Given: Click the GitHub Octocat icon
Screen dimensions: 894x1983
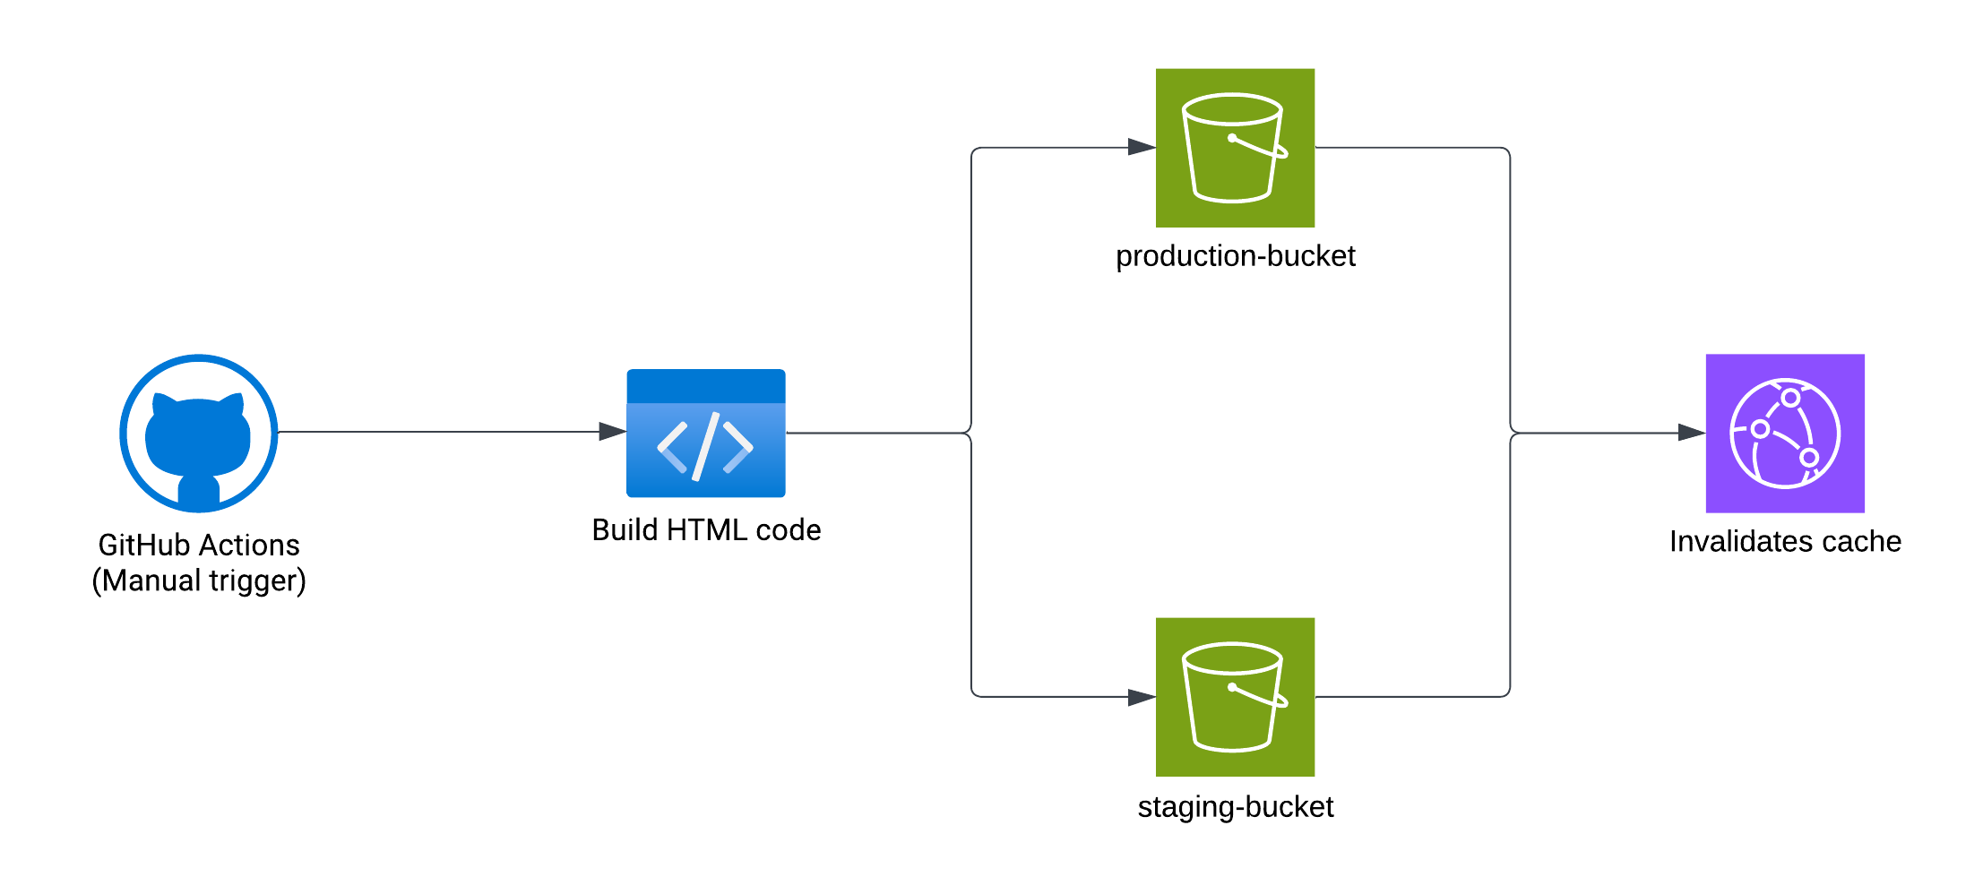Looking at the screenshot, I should click(198, 434).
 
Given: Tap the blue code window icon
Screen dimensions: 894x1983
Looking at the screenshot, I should click(705, 434).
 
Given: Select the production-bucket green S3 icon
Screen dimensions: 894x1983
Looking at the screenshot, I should click(1234, 148).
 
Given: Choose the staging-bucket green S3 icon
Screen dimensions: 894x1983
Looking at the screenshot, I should click(1234, 697).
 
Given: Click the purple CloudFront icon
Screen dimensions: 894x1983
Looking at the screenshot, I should click(1784, 434).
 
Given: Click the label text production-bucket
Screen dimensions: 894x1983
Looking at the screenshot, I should click(1234, 256).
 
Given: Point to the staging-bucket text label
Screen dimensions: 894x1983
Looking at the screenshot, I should click(1234, 807).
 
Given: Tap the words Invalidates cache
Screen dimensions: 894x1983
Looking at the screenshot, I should click(1784, 542).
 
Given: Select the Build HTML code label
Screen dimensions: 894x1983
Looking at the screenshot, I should click(705, 530).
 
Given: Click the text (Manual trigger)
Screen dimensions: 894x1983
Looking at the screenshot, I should click(198, 581).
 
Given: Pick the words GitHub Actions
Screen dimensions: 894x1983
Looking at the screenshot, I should click(198, 545).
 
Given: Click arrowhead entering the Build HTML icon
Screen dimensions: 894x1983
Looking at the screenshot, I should click(613, 432).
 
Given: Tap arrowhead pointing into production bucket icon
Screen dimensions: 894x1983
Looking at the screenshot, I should click(1142, 147).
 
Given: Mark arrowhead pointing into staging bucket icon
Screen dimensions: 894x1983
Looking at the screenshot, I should click(1142, 697).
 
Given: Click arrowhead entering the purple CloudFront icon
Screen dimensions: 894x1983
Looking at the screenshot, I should click(1692, 433).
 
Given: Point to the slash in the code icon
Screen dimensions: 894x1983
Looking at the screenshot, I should click(705, 446).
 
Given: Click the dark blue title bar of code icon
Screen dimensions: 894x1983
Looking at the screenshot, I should click(705, 386).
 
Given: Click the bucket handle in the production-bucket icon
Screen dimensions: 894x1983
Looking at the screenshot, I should click(1259, 148).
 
